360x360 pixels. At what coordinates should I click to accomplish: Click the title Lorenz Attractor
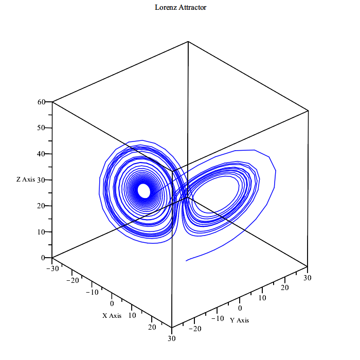(181, 7)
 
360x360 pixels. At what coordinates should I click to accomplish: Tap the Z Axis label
(26, 179)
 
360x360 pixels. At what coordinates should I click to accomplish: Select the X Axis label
(112, 315)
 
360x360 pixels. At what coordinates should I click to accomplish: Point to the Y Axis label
(239, 320)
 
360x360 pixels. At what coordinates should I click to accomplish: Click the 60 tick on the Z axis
(42, 102)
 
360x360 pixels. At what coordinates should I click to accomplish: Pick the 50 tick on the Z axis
(42, 128)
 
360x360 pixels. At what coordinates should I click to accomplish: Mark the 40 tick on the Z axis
(42, 154)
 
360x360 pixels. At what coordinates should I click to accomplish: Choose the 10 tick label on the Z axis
(42, 231)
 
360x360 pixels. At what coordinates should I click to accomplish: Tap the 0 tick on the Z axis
(44, 258)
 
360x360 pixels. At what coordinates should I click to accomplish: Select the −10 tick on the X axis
(91, 292)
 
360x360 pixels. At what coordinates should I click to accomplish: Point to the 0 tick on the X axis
(112, 303)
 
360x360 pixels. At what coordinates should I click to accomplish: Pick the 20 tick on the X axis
(152, 327)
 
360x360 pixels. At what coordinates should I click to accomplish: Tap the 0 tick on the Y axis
(240, 308)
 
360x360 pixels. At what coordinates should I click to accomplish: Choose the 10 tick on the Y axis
(262, 298)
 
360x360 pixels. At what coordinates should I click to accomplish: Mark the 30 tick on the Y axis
(307, 277)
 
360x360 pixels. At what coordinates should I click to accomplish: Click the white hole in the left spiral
(144, 191)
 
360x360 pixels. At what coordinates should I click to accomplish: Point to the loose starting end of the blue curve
(186, 261)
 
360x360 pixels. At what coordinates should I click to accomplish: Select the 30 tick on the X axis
(171, 338)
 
